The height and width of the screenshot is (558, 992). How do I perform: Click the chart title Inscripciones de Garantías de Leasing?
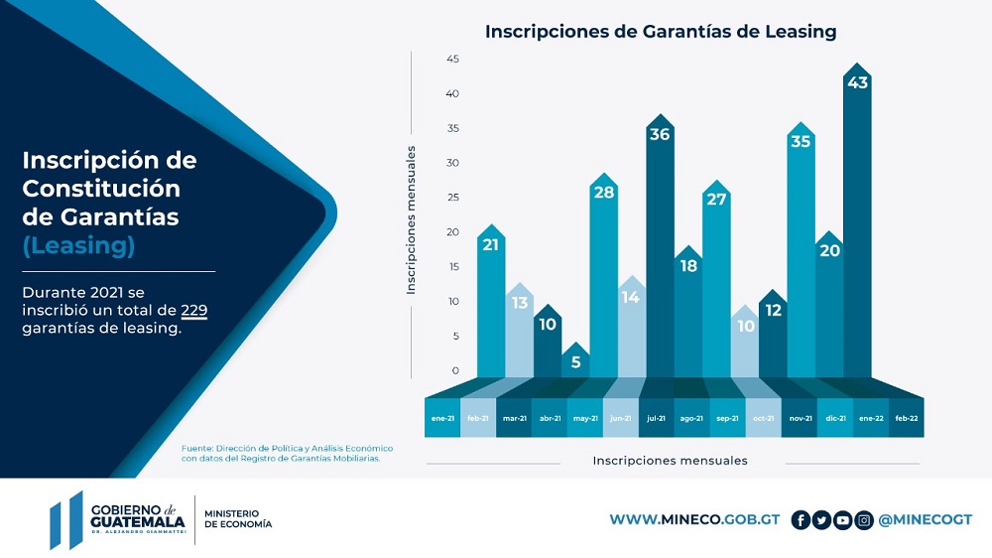[x=660, y=32]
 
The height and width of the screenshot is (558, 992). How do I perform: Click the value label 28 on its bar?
[x=603, y=193]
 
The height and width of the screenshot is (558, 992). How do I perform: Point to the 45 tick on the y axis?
[x=452, y=60]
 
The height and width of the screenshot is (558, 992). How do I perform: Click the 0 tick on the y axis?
[x=455, y=370]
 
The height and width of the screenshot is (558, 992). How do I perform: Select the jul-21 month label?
[x=656, y=418]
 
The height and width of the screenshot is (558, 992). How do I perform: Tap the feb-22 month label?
[x=906, y=418]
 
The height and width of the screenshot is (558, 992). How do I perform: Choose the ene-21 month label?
[x=442, y=418]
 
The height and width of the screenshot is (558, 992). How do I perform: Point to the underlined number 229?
[x=194, y=311]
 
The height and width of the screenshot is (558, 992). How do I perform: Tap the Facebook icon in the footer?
[x=801, y=520]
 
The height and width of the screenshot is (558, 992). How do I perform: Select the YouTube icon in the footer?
[x=843, y=520]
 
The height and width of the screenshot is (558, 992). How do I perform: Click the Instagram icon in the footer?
[x=864, y=520]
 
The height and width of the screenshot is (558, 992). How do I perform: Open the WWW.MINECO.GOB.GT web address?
[x=694, y=520]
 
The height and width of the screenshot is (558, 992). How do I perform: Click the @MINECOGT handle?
[x=926, y=520]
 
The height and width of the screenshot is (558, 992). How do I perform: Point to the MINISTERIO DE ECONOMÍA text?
[x=238, y=519]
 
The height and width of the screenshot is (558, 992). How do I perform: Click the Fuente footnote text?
[x=287, y=453]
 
